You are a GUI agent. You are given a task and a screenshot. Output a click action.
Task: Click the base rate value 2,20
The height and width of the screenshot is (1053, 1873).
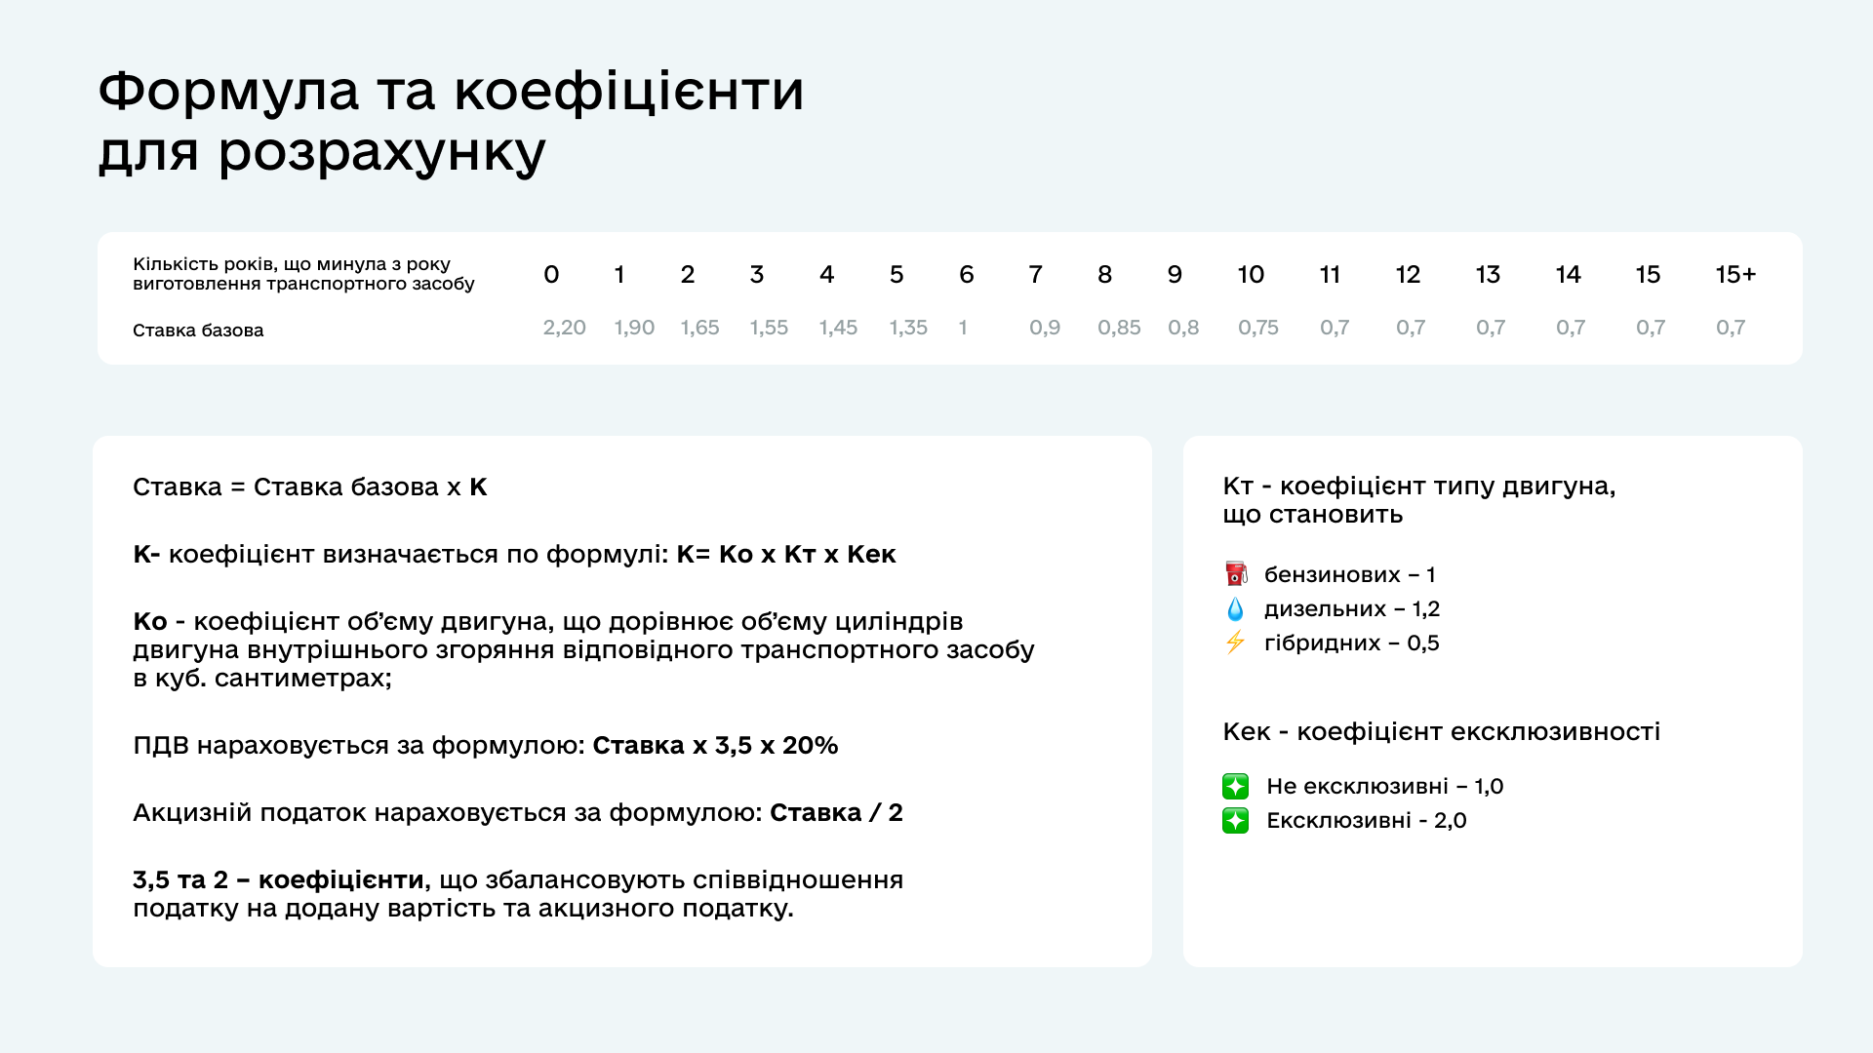click(564, 328)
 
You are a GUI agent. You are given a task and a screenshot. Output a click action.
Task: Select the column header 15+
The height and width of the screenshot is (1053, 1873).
click(1735, 275)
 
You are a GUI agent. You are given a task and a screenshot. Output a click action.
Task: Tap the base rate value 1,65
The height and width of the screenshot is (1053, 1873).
click(699, 328)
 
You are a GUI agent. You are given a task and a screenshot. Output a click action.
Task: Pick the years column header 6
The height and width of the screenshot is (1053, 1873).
click(966, 275)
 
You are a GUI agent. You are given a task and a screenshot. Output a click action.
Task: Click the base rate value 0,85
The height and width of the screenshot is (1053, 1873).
click(1119, 328)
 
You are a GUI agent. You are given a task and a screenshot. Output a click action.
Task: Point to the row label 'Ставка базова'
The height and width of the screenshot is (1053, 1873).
click(198, 331)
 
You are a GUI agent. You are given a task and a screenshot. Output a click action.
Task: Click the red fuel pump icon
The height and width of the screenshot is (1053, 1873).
click(1236, 573)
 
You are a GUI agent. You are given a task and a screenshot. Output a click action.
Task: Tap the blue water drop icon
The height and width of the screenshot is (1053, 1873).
click(1235, 609)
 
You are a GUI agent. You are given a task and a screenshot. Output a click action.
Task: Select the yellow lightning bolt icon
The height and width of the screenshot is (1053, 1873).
click(1235, 642)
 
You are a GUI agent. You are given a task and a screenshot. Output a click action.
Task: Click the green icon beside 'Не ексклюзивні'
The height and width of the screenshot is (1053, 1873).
click(1235, 786)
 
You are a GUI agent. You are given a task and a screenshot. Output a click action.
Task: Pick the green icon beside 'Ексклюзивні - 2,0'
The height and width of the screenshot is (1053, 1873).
click(1235, 820)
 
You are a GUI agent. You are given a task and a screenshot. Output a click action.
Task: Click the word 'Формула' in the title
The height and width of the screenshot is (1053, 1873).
click(229, 92)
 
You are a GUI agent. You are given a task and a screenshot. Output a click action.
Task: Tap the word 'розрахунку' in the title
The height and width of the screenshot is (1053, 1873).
click(381, 154)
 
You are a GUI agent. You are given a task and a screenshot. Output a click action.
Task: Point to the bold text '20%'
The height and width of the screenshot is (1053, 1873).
click(810, 745)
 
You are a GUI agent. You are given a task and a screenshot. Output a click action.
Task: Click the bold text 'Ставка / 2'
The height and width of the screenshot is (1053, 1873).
click(836, 812)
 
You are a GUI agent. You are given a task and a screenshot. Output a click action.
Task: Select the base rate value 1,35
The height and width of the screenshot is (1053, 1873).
click(908, 328)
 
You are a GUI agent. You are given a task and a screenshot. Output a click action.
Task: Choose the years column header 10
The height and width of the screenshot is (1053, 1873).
click(1251, 275)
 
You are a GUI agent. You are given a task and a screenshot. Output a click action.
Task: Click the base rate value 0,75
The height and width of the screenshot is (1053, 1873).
click(1258, 328)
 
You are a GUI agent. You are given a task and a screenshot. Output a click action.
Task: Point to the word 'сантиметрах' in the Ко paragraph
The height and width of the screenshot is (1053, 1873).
click(303, 678)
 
